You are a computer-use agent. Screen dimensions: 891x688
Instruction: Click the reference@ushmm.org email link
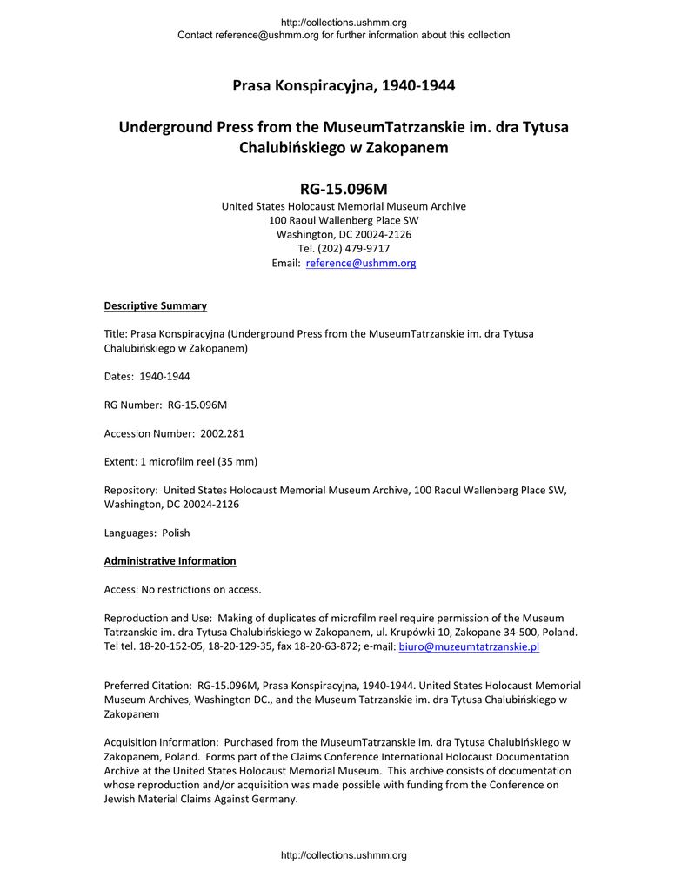coord(361,263)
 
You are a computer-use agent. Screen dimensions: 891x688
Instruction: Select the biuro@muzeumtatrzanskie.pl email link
coord(469,646)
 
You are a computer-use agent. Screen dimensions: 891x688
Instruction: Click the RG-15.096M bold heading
coord(344,188)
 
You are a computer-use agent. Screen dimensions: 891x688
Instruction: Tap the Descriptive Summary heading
coord(155,305)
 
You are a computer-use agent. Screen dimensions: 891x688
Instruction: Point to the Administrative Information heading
coord(170,560)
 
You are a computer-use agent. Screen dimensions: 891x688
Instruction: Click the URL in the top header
coord(344,22)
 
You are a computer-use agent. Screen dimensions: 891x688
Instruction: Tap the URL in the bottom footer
coord(344,855)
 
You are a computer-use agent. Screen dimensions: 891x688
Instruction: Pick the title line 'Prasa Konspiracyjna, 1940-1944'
coord(344,85)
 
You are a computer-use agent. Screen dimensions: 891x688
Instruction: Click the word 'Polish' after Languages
coord(176,533)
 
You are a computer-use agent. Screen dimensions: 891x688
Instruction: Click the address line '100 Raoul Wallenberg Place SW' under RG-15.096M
coord(344,220)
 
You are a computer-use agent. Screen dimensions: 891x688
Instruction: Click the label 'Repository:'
coord(130,490)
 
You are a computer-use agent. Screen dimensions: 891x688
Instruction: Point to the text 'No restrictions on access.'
coord(199,589)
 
